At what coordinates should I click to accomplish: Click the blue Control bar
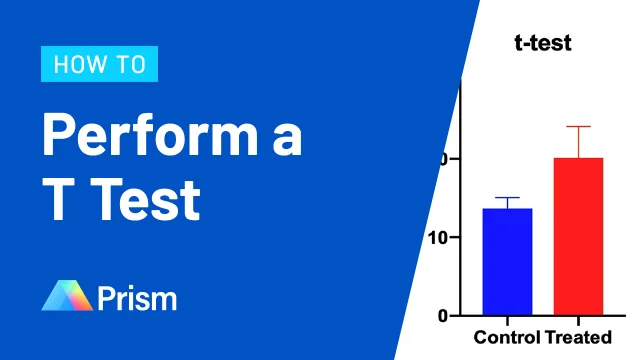pyautogui.click(x=507, y=262)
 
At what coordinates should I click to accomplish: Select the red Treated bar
pyautogui.click(x=578, y=237)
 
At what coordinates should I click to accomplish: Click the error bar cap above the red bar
pyautogui.click(x=578, y=126)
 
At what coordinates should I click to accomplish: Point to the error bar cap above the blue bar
pyautogui.click(x=507, y=198)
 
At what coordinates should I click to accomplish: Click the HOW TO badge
pyautogui.click(x=99, y=65)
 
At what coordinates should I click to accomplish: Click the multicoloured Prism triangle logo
pyautogui.click(x=67, y=296)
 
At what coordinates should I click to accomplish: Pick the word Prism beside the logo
pyautogui.click(x=138, y=297)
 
